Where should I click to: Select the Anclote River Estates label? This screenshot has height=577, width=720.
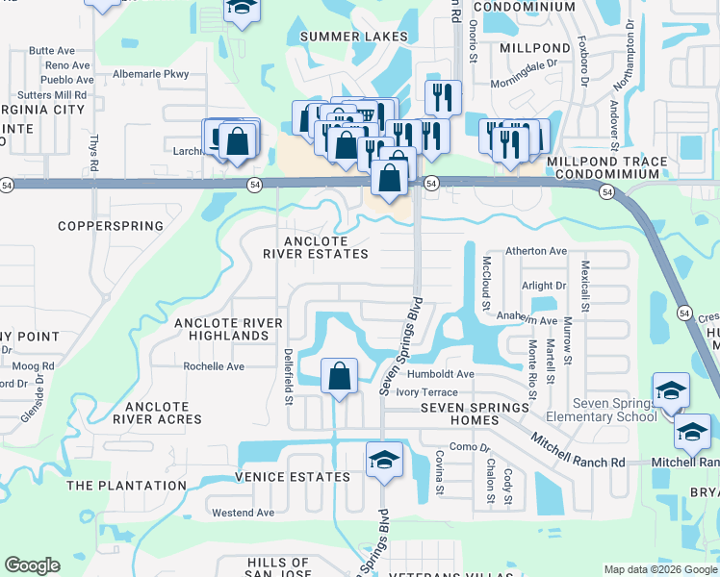316,247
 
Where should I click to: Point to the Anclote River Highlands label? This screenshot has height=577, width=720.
221,329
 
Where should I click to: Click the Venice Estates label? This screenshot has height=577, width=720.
293,477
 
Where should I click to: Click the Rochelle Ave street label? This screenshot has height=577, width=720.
214,366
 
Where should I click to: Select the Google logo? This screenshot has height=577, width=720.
32,565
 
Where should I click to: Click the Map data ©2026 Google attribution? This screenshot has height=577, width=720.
659,569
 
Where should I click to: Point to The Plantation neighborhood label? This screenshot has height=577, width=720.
126,486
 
